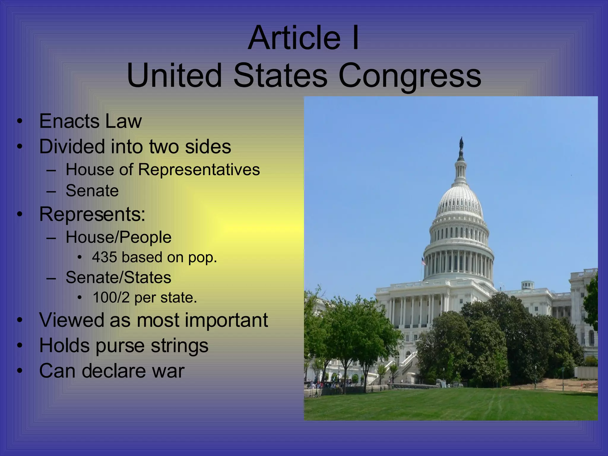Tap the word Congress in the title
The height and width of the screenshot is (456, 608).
pos(410,76)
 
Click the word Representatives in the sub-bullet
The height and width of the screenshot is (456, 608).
pos(199,170)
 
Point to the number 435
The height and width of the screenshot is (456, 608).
pos(104,257)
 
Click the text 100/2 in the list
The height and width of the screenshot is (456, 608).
pos(111,297)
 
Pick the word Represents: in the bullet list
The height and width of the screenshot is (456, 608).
pos(92,214)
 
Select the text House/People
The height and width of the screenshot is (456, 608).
pos(118,237)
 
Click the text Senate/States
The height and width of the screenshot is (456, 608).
pos(118,278)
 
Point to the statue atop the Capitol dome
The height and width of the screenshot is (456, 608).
pos(461,144)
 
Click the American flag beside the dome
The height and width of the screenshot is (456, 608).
pos(423,261)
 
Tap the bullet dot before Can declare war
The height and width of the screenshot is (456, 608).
pos(20,371)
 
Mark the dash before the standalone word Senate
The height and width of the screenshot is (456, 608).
pos(51,191)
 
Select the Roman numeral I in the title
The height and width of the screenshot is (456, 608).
pos(355,38)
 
